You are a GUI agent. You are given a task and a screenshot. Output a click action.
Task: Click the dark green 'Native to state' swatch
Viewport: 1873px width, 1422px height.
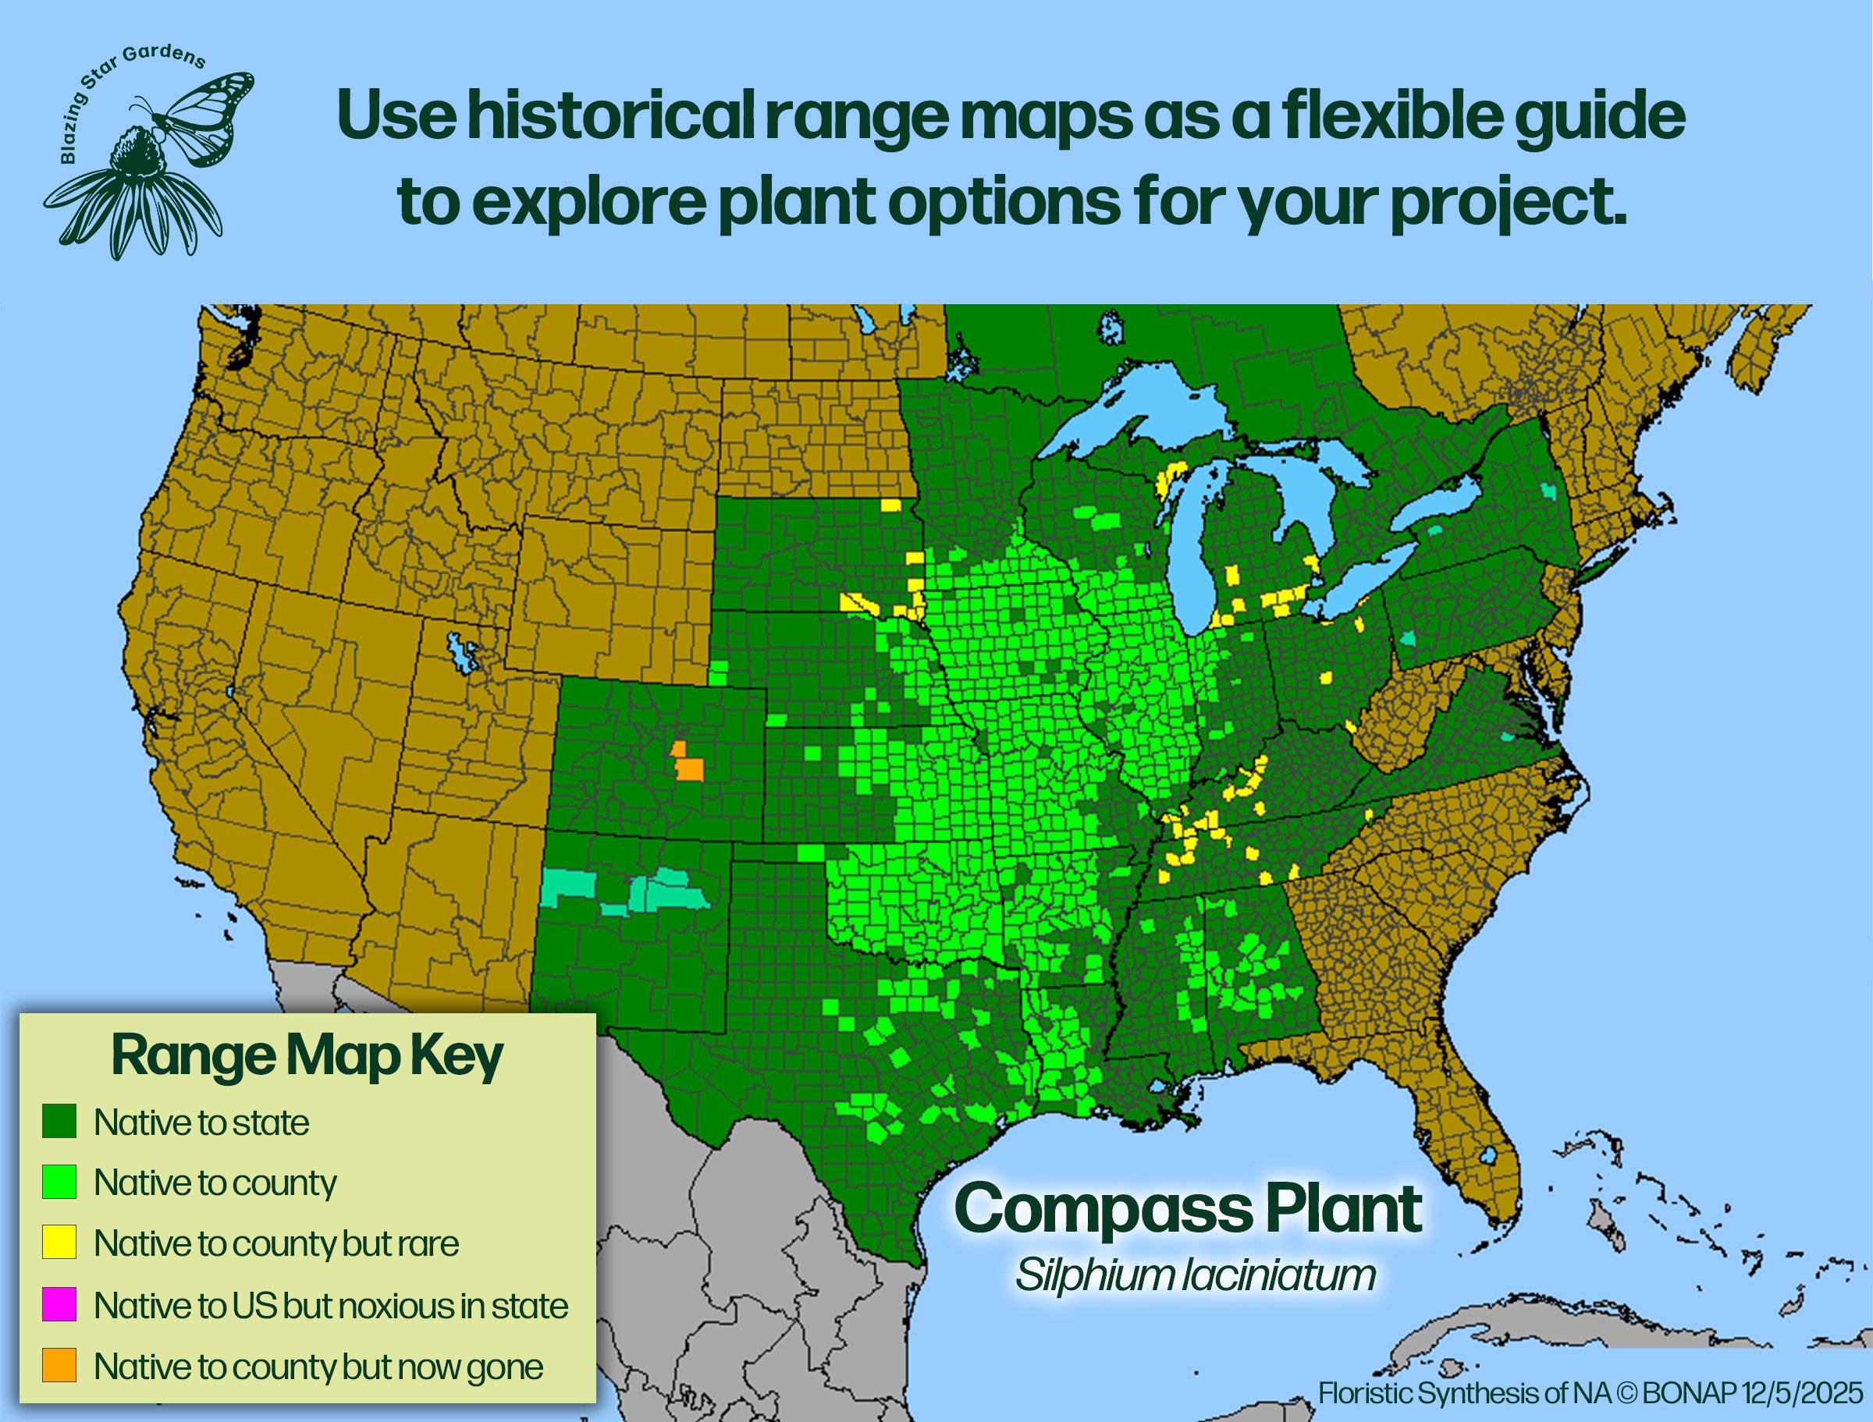pos(59,1121)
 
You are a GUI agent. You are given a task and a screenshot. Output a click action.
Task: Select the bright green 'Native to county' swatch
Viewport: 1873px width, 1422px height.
pos(59,1182)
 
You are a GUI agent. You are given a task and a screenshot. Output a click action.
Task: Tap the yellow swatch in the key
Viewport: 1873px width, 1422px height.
pos(59,1242)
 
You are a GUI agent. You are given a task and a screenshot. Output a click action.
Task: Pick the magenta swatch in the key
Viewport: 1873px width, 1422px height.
pos(59,1303)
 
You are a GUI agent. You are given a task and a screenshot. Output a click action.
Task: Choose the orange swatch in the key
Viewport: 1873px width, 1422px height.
pos(59,1364)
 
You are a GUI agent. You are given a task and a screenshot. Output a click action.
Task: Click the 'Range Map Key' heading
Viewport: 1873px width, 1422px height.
pos(307,1055)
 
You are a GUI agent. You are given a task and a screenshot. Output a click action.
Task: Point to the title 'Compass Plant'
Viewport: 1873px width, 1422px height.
pos(1189,1209)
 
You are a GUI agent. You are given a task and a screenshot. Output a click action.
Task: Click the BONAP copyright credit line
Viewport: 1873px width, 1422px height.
pos(1591,1393)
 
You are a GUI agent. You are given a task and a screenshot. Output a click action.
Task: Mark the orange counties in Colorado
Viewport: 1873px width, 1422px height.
pos(688,765)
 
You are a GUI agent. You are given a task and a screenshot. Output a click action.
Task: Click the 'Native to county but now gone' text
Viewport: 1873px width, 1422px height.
pos(318,1366)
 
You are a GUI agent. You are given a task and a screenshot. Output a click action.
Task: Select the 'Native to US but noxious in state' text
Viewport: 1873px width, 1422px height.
pos(331,1305)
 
